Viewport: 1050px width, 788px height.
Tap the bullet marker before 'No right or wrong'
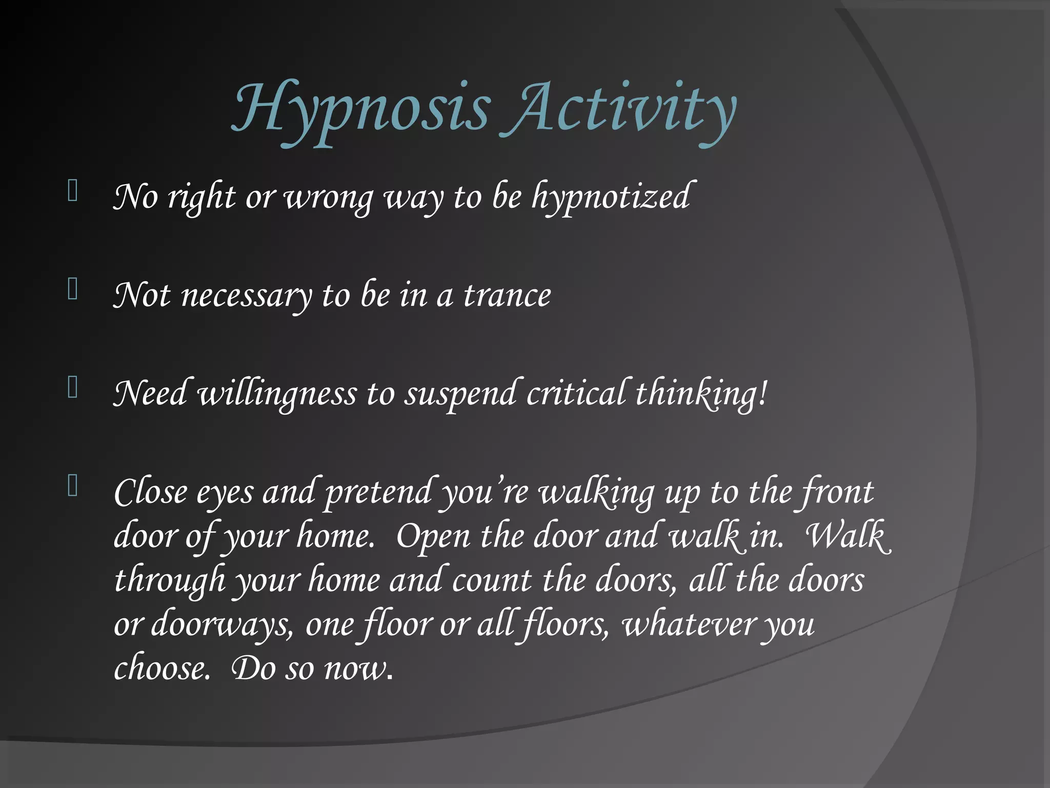[x=73, y=191]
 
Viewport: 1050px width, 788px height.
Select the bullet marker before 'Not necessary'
[x=73, y=289]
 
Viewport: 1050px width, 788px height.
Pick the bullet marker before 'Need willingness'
[x=73, y=388]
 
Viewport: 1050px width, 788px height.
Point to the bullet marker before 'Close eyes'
[x=73, y=486]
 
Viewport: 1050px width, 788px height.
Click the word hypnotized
[x=610, y=198]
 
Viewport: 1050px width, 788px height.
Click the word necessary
[x=246, y=297]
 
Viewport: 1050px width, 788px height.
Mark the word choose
[x=161, y=669]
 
